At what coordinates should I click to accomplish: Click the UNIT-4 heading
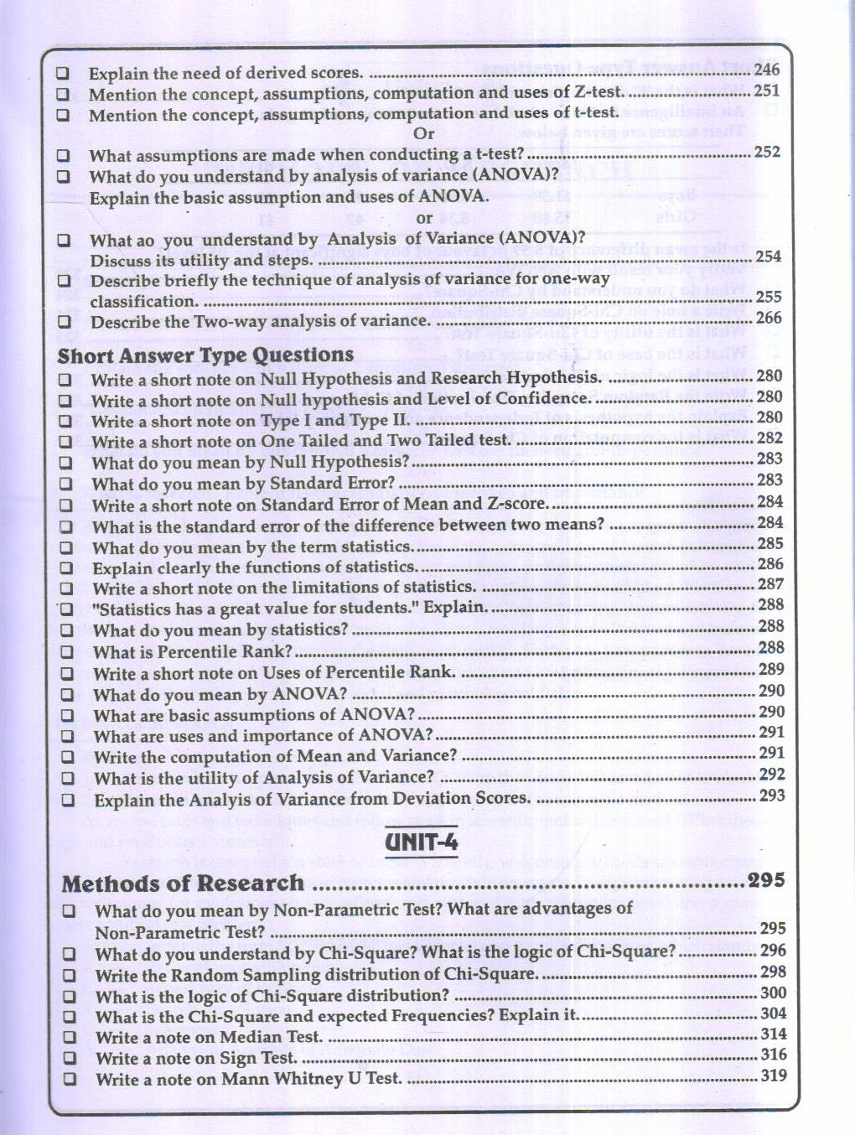tap(422, 841)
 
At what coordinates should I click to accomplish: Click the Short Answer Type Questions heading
tap(205, 355)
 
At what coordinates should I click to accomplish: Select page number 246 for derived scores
tap(766, 70)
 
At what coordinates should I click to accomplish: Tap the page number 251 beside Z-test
tap(766, 91)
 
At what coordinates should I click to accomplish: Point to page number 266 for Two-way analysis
tap(768, 318)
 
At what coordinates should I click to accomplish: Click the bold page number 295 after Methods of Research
tap(766, 880)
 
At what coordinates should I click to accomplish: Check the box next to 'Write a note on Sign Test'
tap(70, 1059)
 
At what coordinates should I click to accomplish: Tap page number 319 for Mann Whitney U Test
tap(773, 1075)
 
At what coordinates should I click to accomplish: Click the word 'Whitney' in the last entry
tap(303, 1079)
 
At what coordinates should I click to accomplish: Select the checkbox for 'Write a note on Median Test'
tap(70, 1038)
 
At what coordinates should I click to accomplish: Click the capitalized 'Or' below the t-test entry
tap(424, 133)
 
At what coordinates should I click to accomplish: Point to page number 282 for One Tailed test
tap(769, 438)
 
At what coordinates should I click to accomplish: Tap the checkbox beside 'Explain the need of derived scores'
tap(63, 73)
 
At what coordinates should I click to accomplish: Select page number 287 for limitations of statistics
tap(770, 584)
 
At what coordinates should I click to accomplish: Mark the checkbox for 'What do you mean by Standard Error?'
tap(65, 484)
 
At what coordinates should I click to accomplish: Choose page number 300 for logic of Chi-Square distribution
tap(773, 992)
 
